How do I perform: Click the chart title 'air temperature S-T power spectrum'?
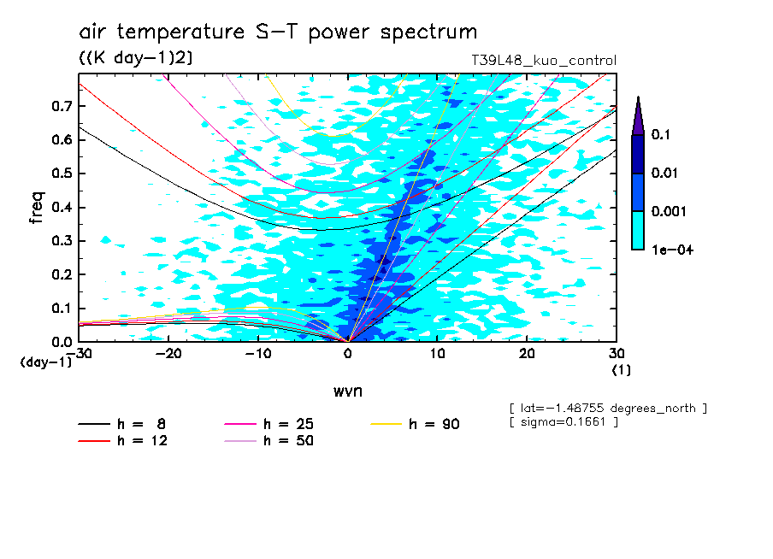tap(278, 32)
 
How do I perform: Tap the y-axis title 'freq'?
tap(36, 208)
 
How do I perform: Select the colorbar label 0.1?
tap(660, 135)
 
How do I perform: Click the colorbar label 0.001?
tap(668, 211)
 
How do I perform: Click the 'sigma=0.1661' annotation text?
tap(564, 422)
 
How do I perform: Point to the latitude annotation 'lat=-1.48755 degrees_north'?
tap(608, 408)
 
